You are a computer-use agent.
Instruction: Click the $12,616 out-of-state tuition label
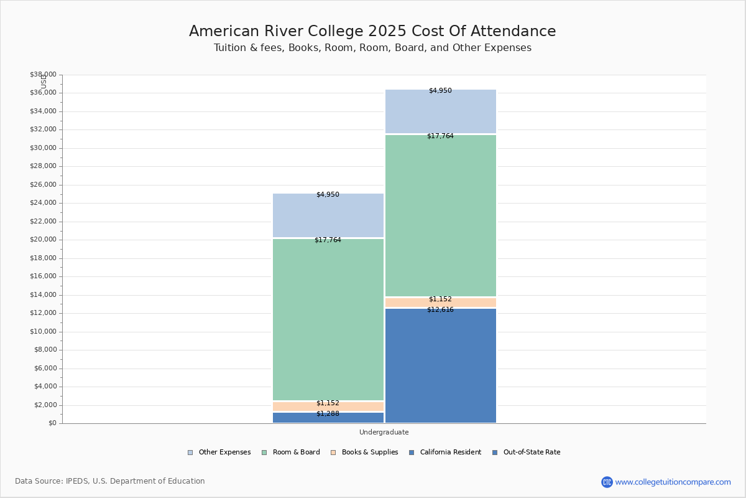pyautogui.click(x=440, y=309)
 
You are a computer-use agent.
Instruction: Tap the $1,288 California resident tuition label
pyautogui.click(x=328, y=413)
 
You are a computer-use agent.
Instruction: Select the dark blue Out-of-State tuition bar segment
pyautogui.click(x=440, y=367)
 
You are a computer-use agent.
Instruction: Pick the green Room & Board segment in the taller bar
pyautogui.click(x=440, y=215)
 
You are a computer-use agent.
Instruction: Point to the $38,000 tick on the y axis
pyautogui.click(x=43, y=75)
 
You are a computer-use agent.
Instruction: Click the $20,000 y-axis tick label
pyautogui.click(x=43, y=240)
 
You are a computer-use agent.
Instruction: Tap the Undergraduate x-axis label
pyautogui.click(x=384, y=432)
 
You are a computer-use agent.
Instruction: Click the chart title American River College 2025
pyautogui.click(x=372, y=31)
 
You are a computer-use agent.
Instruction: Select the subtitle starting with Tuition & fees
pyautogui.click(x=372, y=48)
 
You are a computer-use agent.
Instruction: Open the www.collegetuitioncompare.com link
pyautogui.click(x=673, y=482)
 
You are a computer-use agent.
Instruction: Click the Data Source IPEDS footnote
pyautogui.click(x=110, y=481)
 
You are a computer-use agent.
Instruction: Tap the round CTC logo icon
pyautogui.click(x=607, y=482)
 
